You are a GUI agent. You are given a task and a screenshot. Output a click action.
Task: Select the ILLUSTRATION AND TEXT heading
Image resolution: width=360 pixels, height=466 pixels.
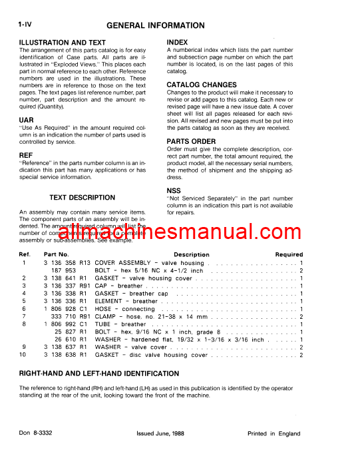coord(63,43)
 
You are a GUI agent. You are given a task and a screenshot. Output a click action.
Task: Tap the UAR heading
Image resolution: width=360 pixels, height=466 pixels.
coord(27,120)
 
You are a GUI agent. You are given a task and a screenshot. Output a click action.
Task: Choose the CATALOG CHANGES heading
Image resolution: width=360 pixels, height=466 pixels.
coord(201,85)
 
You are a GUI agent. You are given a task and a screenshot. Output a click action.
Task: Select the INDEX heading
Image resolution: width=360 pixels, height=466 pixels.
coord(178,43)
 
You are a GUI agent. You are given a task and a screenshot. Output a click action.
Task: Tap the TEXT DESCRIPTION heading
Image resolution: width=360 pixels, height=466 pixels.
coord(83,198)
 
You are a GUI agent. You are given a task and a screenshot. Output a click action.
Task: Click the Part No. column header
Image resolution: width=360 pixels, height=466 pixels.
coord(57,255)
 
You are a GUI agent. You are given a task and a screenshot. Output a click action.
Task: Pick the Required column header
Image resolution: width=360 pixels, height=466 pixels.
coord(289,255)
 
